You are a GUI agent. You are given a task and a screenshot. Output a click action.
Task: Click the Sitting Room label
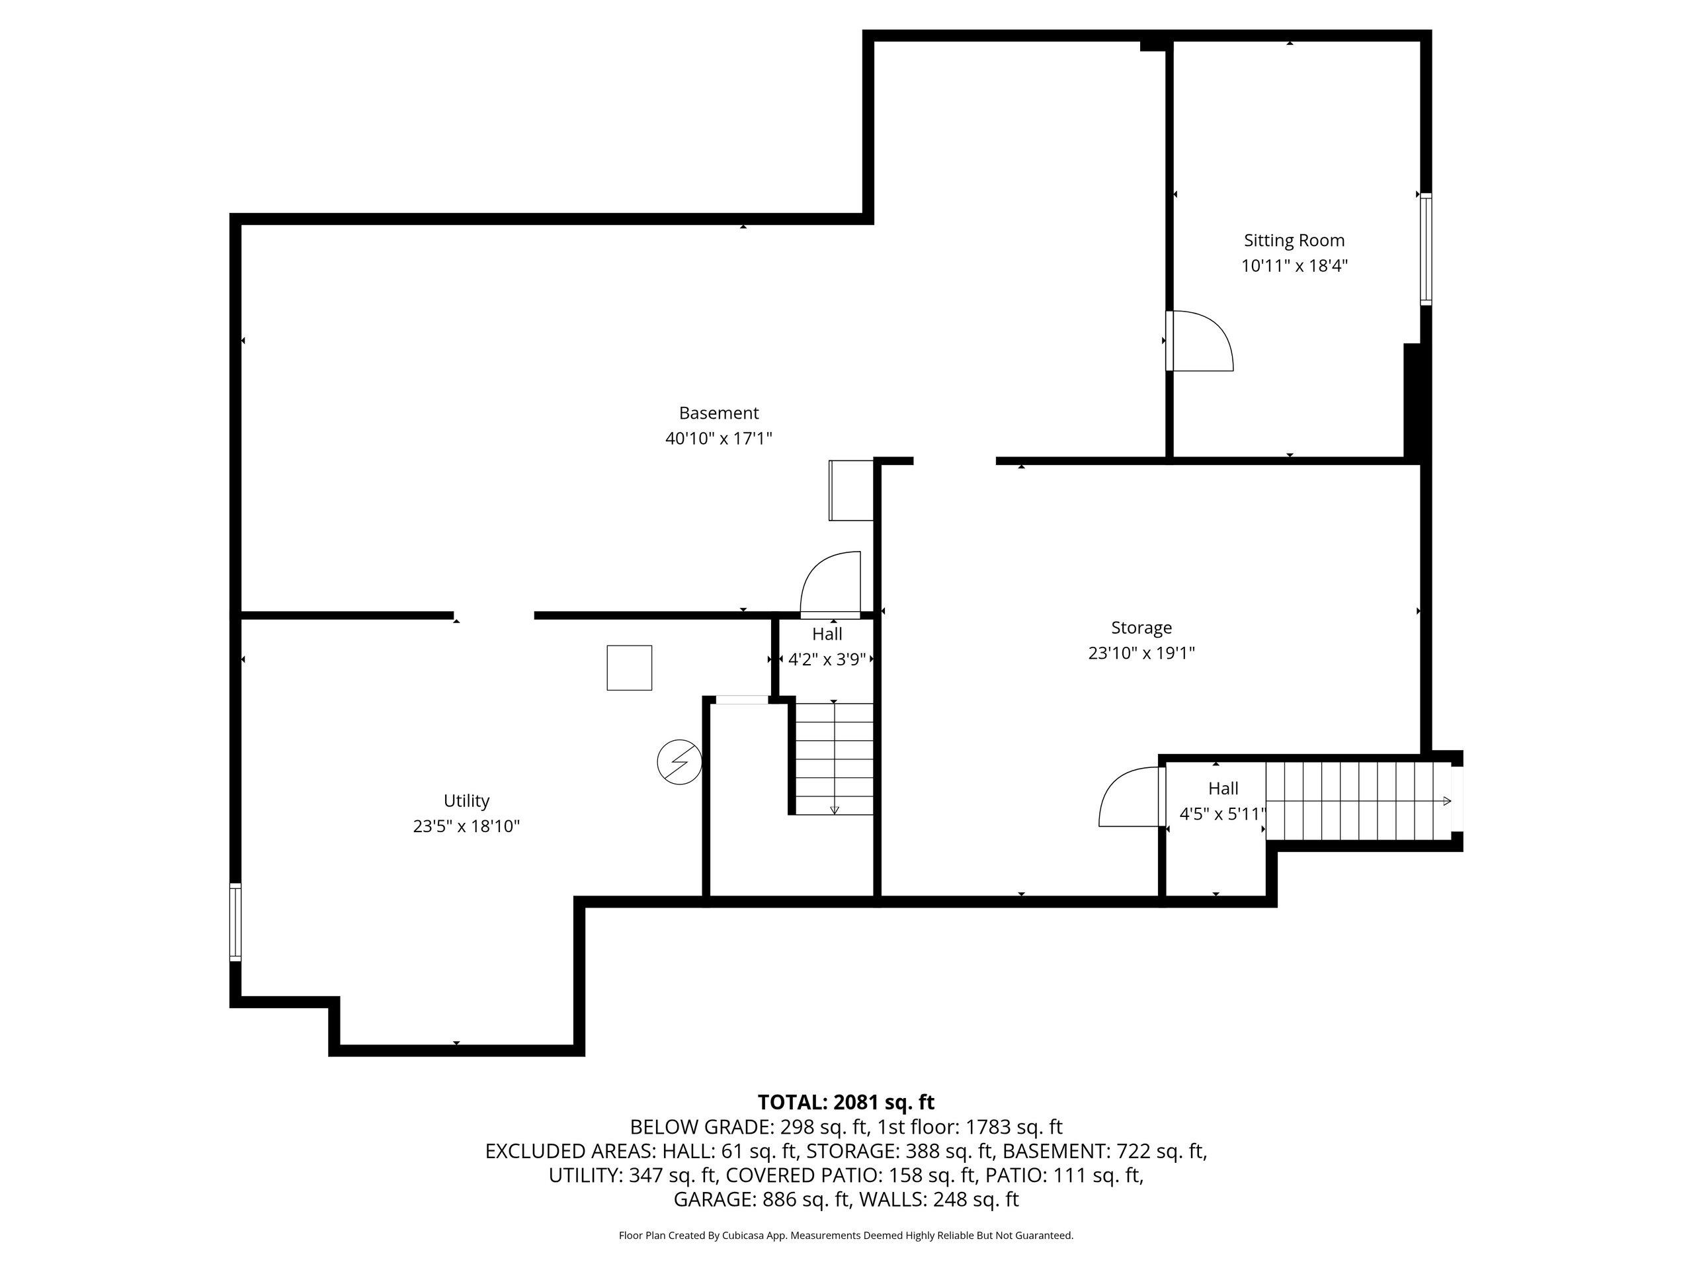click(1294, 240)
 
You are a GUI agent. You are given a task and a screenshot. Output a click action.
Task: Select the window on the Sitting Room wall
click(1426, 249)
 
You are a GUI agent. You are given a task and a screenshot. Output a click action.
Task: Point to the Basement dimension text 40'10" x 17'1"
click(719, 439)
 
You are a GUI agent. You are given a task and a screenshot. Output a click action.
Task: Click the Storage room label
click(1141, 628)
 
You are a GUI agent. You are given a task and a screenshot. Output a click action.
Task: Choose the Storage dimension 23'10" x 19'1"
click(1141, 653)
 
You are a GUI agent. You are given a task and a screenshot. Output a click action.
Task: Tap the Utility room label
click(466, 801)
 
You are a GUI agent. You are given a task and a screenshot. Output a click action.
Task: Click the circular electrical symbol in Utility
click(679, 763)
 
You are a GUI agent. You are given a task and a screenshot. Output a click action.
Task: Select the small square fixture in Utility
click(629, 667)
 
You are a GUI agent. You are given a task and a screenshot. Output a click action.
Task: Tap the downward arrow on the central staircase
click(834, 809)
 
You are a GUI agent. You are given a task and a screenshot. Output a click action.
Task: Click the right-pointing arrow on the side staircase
click(1446, 801)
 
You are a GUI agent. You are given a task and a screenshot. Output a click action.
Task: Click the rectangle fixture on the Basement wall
click(851, 491)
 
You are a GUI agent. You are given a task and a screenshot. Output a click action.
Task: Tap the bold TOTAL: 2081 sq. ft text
click(846, 1103)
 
